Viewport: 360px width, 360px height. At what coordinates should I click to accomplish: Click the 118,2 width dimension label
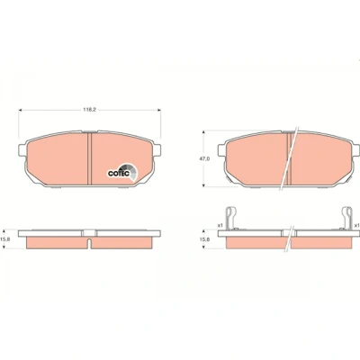(x=89, y=110)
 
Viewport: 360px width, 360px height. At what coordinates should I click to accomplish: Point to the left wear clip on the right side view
(x=230, y=218)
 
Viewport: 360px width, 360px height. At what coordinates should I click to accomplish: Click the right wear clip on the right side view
(x=347, y=218)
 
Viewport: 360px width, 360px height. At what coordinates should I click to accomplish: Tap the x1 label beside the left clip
(x=220, y=225)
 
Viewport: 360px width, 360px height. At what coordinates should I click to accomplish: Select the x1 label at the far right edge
(x=357, y=225)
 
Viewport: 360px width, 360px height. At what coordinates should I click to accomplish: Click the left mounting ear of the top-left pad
(x=22, y=150)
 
